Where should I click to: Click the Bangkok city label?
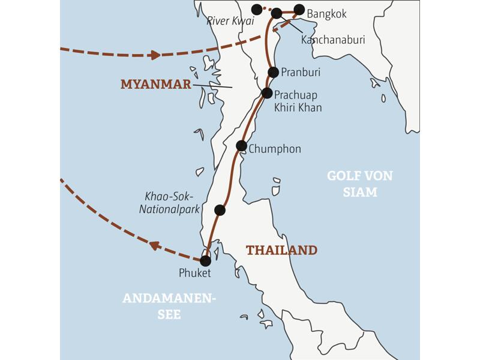[x=326, y=14]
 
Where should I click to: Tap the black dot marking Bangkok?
[x=299, y=9]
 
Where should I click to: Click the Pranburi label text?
[x=301, y=72]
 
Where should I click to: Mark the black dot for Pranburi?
[x=273, y=72]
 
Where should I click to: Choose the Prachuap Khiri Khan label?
[x=298, y=101]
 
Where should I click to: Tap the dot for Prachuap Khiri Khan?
[x=268, y=93]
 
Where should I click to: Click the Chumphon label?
[x=274, y=149]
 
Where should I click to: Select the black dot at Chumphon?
[x=241, y=145]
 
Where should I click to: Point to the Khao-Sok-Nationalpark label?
[x=170, y=203]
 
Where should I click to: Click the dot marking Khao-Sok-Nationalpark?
[x=220, y=210]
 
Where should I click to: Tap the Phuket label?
[x=195, y=274]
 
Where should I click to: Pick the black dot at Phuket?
[x=205, y=261]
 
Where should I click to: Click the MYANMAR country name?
[x=155, y=84]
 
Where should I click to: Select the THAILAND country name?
[x=281, y=250]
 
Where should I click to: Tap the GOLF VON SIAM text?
[x=360, y=184]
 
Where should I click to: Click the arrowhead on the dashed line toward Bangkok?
[x=155, y=55]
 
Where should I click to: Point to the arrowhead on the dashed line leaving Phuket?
[x=155, y=245]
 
